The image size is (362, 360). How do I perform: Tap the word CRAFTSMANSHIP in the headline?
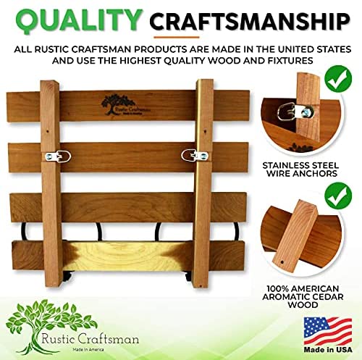(x=250, y=22)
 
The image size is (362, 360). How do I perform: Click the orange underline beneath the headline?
(x=177, y=38)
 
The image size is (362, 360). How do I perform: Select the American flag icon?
(x=328, y=331)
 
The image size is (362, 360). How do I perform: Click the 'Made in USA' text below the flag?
(x=328, y=350)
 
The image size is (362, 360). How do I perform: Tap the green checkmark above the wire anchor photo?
(x=338, y=78)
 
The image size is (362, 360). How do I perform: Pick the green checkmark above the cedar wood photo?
(x=338, y=196)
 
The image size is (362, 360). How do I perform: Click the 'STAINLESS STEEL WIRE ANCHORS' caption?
(x=300, y=169)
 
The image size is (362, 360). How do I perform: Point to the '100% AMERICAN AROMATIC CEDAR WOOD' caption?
(x=303, y=297)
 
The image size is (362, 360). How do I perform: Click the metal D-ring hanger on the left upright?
(x=58, y=156)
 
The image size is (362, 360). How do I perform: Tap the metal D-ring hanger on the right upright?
(x=195, y=155)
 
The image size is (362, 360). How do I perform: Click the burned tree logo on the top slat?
(x=125, y=105)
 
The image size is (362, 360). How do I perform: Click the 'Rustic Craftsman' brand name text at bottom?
(x=90, y=339)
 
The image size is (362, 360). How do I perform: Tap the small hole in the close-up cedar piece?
(x=282, y=261)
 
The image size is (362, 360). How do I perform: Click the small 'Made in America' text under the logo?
(x=88, y=350)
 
